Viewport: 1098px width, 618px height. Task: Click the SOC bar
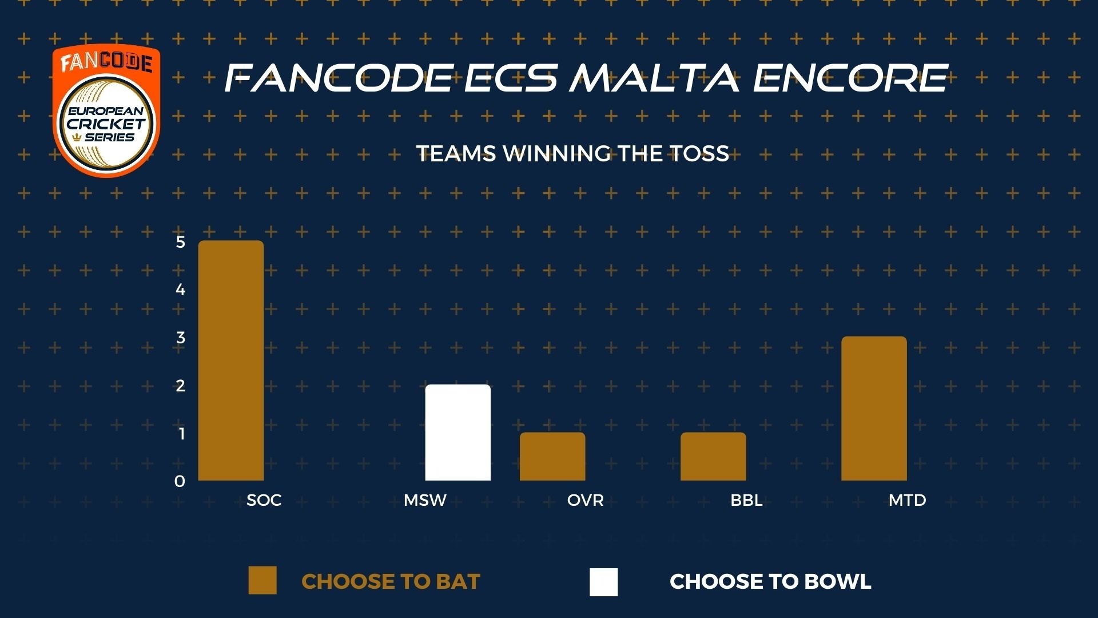coord(231,360)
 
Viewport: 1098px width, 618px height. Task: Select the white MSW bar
coord(458,433)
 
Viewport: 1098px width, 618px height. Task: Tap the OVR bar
coord(552,457)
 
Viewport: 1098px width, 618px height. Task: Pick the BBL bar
coord(713,457)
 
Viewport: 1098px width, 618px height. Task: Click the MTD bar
coord(874,409)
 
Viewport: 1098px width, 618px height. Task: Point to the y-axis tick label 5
coord(181,242)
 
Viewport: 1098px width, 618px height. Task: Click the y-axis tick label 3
coord(181,338)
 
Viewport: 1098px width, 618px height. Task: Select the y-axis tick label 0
coord(180,481)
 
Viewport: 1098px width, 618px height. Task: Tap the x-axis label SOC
coord(264,500)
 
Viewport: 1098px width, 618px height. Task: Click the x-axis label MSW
coord(425,500)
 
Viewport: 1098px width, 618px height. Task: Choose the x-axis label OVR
coord(586,500)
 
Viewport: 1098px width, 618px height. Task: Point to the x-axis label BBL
coord(746,500)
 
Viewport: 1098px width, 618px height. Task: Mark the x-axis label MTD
coord(907,500)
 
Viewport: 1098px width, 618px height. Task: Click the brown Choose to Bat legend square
coord(262,581)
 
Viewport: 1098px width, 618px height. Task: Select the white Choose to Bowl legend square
coord(604,582)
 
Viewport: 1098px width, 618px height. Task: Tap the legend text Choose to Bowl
coord(770,581)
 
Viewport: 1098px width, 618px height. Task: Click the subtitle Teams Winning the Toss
coord(572,153)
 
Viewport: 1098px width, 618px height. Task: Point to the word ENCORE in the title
coord(851,78)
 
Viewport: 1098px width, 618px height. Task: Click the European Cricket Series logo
coord(106,111)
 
